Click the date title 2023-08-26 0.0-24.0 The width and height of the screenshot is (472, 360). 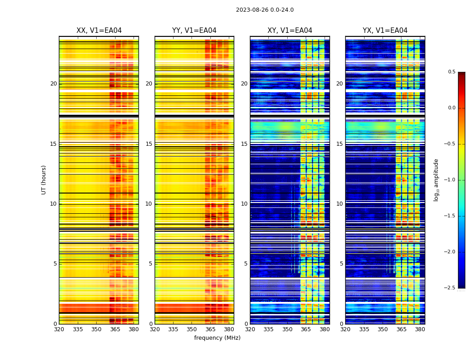(x=265, y=10)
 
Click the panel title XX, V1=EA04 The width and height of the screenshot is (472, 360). (x=99, y=31)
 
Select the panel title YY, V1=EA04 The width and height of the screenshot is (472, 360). (x=194, y=31)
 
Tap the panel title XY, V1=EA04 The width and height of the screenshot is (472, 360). (x=290, y=31)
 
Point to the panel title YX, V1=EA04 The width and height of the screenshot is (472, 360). (x=385, y=31)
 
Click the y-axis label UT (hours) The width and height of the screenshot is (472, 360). (x=44, y=180)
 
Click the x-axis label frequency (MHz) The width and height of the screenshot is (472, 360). (x=217, y=338)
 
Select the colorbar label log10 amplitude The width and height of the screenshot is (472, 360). (x=436, y=180)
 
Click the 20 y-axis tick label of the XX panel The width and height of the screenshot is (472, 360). (x=53, y=84)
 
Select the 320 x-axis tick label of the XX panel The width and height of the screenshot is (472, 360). (x=59, y=329)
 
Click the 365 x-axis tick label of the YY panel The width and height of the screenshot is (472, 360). (x=210, y=329)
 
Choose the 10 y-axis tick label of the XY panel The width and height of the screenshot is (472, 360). (x=244, y=204)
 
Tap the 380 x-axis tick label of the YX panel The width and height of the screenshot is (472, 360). (x=420, y=329)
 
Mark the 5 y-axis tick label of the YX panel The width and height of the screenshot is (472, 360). (x=341, y=264)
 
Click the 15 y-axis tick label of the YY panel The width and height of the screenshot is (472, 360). (x=149, y=144)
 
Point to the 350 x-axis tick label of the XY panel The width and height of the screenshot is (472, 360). (x=287, y=329)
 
